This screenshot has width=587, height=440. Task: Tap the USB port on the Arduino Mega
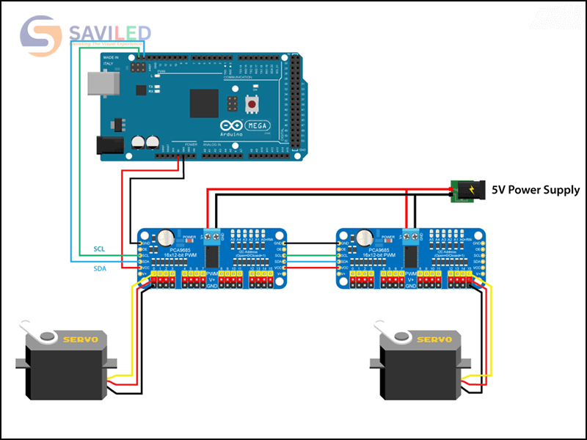click(x=98, y=84)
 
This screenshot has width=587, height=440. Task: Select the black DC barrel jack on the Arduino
click(x=111, y=145)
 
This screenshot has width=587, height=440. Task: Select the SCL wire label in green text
click(x=98, y=249)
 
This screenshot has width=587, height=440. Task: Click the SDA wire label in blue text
click(x=98, y=269)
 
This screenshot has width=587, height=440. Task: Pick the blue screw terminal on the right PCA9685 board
click(x=411, y=236)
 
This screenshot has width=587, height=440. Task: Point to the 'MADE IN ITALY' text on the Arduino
click(x=111, y=60)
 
